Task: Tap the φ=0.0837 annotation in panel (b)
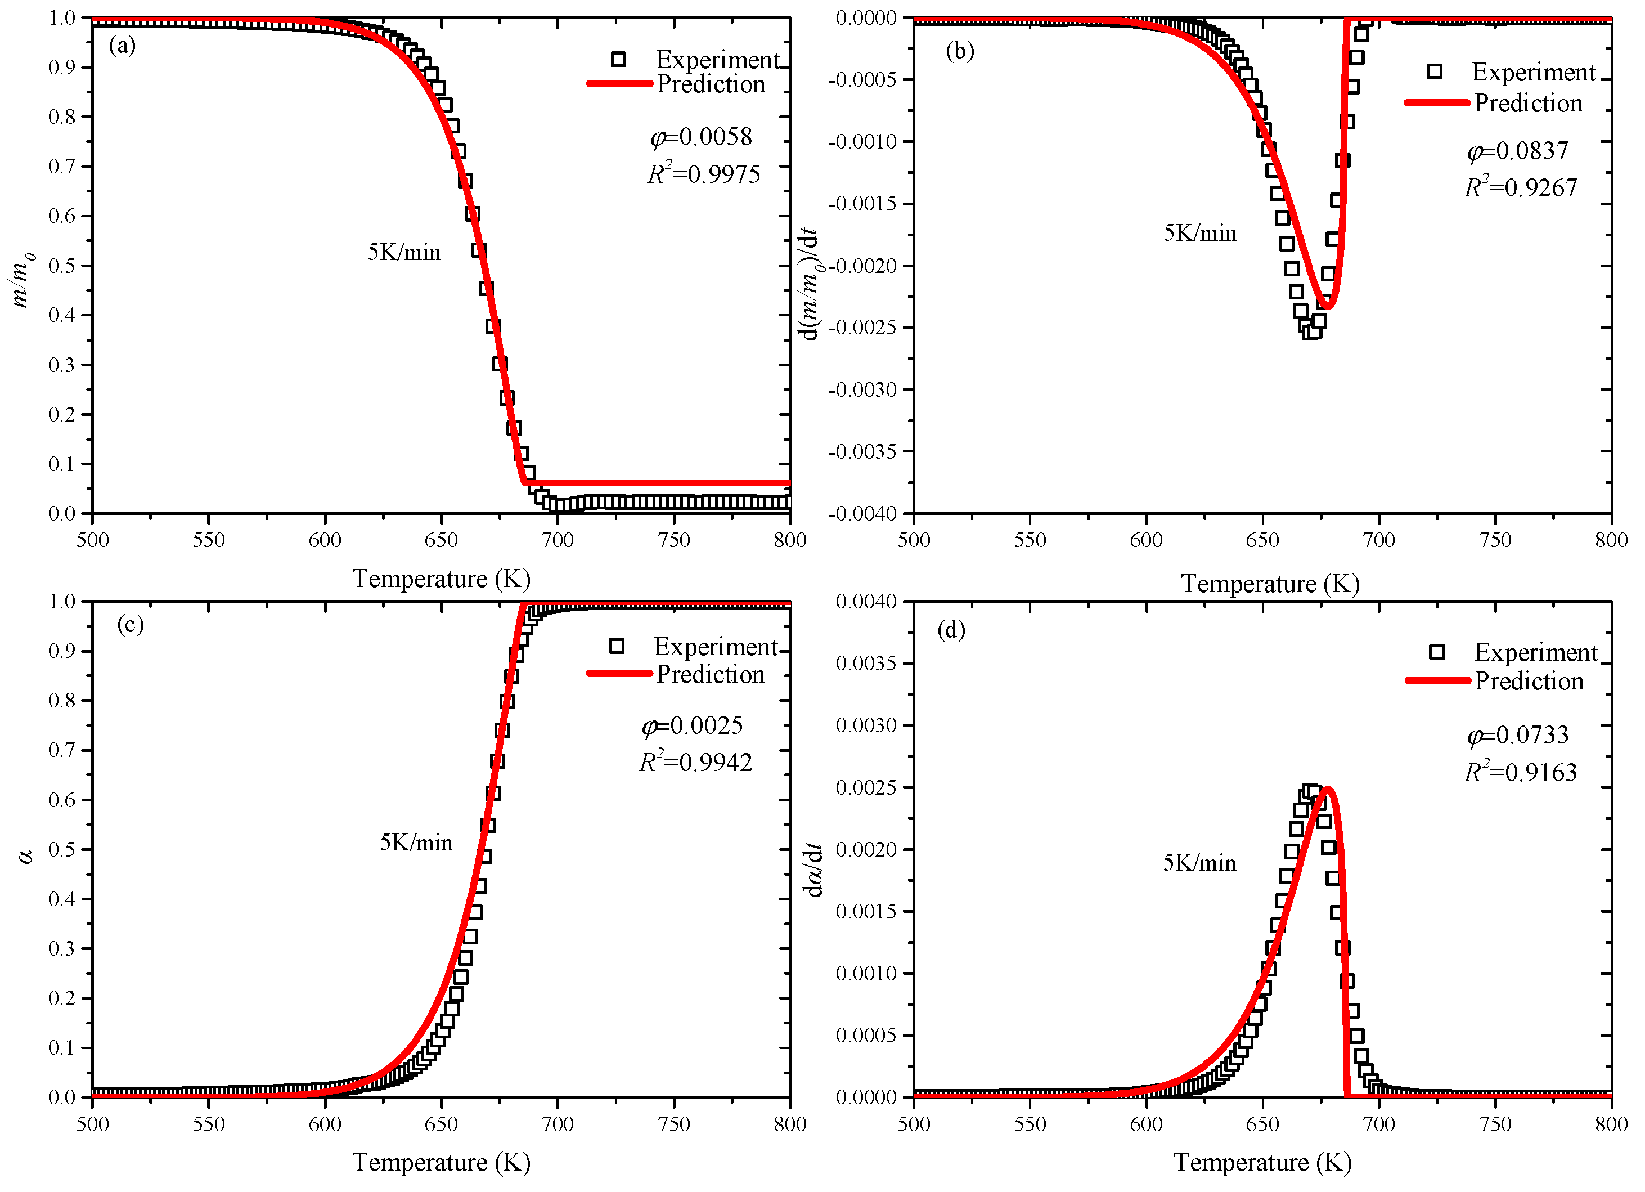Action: pyautogui.click(x=1517, y=151)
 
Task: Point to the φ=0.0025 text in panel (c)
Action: pyautogui.click(x=692, y=725)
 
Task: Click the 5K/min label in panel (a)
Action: pyautogui.click(x=404, y=253)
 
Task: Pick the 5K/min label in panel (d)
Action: pyautogui.click(x=1199, y=863)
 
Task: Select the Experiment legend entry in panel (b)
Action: pyautogui.click(x=1532, y=72)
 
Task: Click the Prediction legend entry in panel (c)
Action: pyautogui.click(x=710, y=674)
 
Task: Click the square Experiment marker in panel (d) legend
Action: pyautogui.click(x=1436, y=652)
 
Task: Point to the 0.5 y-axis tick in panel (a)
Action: pyautogui.click(x=62, y=266)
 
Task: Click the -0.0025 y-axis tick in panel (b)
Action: pyautogui.click(x=862, y=327)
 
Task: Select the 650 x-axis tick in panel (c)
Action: pyautogui.click(x=441, y=1124)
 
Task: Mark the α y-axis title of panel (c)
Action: pyautogui.click(x=26, y=857)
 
